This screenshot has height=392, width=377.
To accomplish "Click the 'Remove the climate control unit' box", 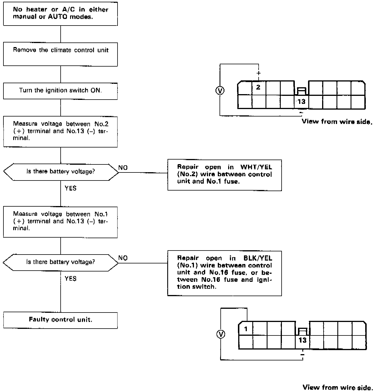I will [60, 54].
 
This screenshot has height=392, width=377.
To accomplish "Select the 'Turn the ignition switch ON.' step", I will [60, 91].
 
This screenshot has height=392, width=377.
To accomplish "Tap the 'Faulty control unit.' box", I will [60, 320].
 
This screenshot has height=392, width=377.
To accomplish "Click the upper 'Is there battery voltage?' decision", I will [60, 172].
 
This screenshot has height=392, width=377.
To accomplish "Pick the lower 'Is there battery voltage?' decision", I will [60, 262].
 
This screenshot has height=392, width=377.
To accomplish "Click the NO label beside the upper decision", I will [123, 168].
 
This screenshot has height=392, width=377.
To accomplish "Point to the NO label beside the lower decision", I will [123, 258].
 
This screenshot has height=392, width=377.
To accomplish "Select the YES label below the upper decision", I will [70, 188].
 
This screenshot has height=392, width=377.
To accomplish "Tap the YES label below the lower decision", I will [70, 279].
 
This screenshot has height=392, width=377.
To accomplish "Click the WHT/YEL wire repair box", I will [224, 175].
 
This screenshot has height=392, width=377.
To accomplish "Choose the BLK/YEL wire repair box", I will [224, 273].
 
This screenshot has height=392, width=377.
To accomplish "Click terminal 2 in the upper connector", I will [258, 87].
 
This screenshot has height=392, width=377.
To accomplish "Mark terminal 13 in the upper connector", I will [301, 102].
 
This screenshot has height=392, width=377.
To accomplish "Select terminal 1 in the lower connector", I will [246, 329].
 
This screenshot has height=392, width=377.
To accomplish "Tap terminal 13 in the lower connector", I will [302, 341].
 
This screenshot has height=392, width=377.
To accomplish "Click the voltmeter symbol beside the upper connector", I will [220, 91].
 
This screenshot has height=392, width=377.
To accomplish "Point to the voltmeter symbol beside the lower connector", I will [221, 334].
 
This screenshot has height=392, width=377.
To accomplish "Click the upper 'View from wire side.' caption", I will [336, 122].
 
